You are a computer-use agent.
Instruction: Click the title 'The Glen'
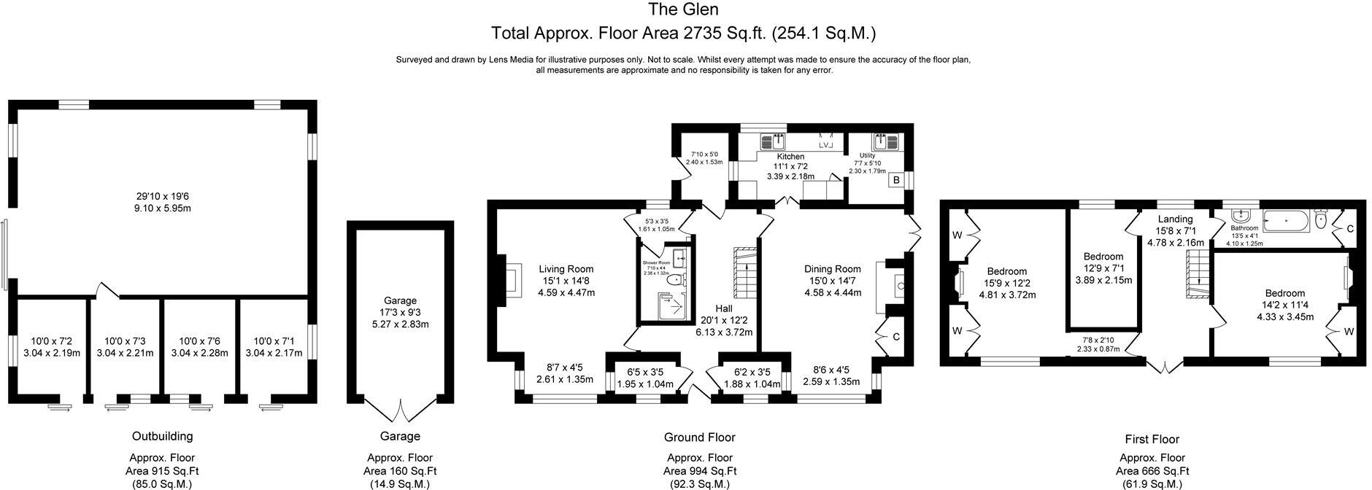[683, 9]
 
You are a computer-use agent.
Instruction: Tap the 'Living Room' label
[566, 268]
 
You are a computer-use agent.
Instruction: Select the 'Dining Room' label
[832, 268]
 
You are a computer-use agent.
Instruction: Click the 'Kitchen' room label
[790, 157]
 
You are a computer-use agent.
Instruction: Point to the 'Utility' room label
[867, 155]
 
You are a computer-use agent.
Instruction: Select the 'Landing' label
[1175, 219]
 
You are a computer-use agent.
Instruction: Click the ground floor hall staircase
[745, 273]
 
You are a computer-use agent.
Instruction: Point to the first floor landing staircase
[1198, 276]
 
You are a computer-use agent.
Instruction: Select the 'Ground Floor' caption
[699, 437]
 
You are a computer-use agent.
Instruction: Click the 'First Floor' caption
[1152, 439]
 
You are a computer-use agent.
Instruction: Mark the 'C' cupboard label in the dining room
[895, 337]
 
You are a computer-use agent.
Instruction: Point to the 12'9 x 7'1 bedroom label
[1103, 257]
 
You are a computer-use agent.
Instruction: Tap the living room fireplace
[512, 280]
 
